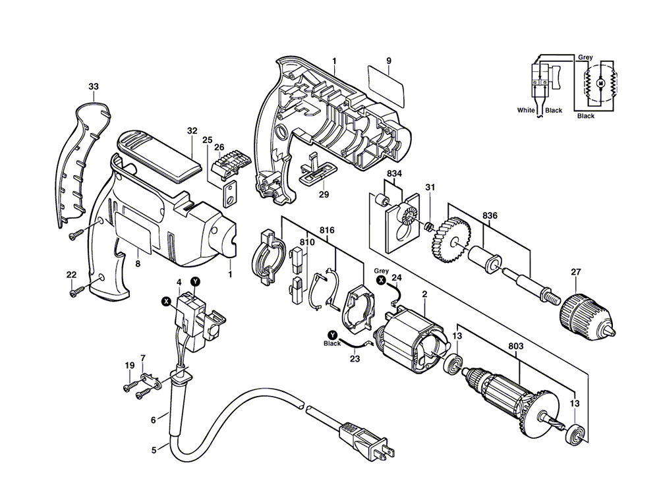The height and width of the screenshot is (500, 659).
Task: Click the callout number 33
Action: tap(93, 86)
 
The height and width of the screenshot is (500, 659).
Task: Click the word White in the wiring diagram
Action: tap(526, 110)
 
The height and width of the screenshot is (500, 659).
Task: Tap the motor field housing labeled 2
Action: tap(411, 339)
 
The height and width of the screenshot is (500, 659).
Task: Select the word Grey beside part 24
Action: tap(382, 271)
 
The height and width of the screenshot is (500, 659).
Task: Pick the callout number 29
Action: tap(324, 194)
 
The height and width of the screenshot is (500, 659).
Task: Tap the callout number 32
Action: tap(192, 130)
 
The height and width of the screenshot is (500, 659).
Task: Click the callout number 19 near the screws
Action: tap(130, 365)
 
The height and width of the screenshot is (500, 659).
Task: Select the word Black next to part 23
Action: tap(332, 344)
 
